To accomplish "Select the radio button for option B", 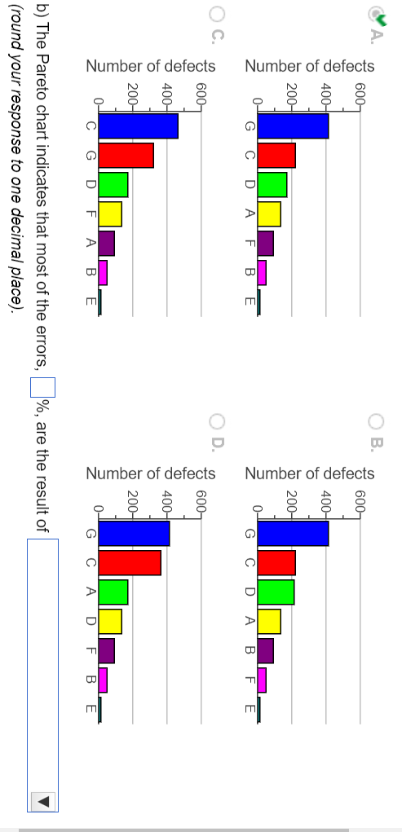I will point(376,421).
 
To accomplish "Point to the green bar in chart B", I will point(276,592).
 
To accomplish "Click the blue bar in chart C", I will point(138,127).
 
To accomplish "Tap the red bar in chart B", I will point(276,563).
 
